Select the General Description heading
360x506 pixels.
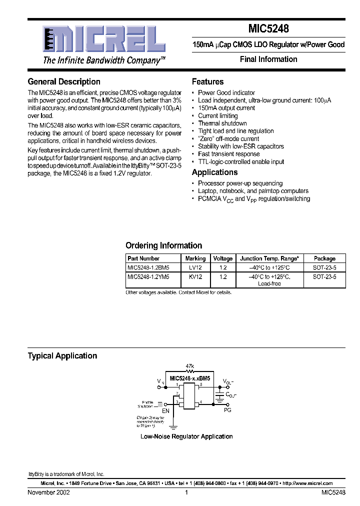64,81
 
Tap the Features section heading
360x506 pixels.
207,81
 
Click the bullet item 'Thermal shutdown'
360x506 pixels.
222,123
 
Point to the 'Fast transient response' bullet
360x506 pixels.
228,154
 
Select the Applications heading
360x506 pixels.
214,172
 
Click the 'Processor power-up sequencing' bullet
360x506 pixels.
240,183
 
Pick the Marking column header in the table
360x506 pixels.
195,258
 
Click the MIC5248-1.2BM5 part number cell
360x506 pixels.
148,267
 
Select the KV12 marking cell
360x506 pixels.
195,276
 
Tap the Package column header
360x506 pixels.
324,258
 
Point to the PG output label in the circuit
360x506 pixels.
227,410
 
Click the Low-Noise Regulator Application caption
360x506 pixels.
186,436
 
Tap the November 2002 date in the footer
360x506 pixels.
48,492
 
